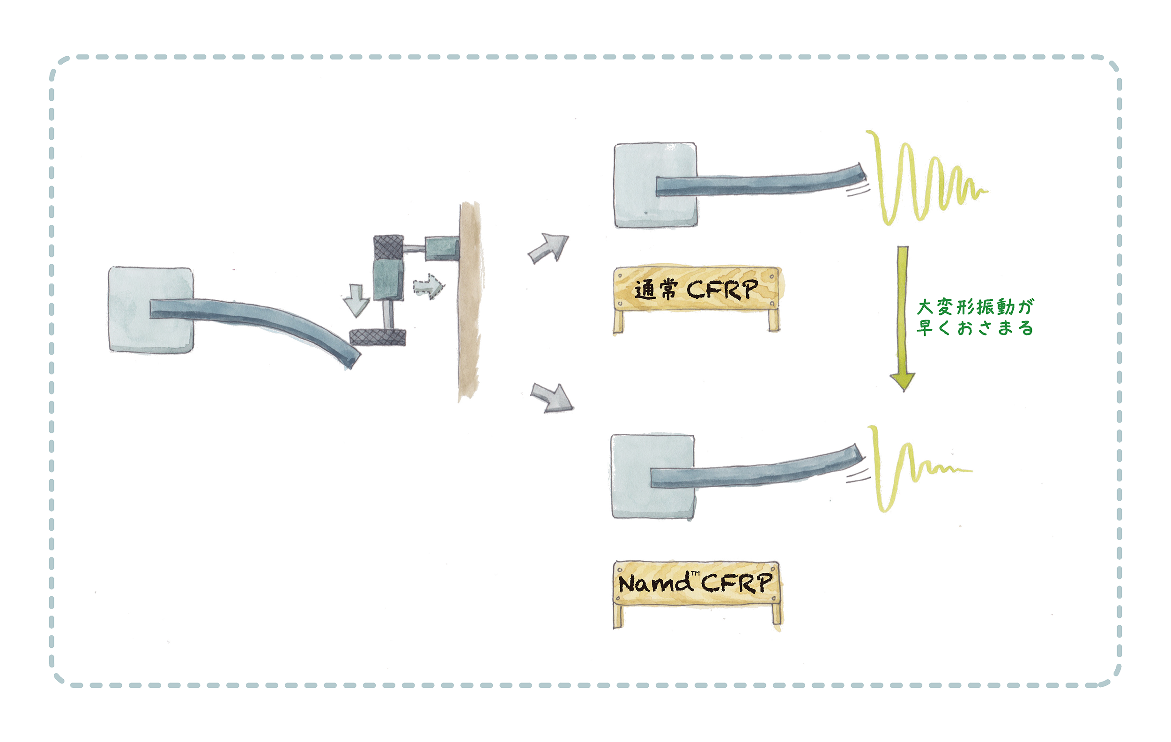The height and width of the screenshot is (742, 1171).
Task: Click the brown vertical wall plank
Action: coord(470,302)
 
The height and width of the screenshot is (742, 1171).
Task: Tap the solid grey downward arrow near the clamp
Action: coord(356,300)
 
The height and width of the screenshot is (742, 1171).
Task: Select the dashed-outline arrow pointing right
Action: coord(429,286)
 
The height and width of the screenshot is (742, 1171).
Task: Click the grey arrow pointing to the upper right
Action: coord(549,248)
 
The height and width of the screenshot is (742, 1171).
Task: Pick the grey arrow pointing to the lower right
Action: coord(552,398)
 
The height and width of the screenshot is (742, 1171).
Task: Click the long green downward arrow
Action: coord(903,319)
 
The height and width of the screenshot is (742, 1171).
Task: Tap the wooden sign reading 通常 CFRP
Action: coord(697,298)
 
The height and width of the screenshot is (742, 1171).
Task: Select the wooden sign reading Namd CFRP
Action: coord(697,594)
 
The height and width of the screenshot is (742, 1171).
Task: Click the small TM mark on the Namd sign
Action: coord(696,574)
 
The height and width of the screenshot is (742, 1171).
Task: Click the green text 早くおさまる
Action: coord(975,328)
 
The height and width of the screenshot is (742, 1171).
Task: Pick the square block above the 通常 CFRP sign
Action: coord(656,185)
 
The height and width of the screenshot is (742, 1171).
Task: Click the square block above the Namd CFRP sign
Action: coord(652,477)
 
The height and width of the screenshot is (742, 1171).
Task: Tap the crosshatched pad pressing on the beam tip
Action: coord(378,337)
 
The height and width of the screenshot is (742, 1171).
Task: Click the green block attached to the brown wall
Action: coord(442,248)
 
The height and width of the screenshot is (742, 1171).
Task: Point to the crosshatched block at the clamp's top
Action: coord(388,246)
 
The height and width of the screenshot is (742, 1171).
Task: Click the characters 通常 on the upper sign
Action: coord(656,290)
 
